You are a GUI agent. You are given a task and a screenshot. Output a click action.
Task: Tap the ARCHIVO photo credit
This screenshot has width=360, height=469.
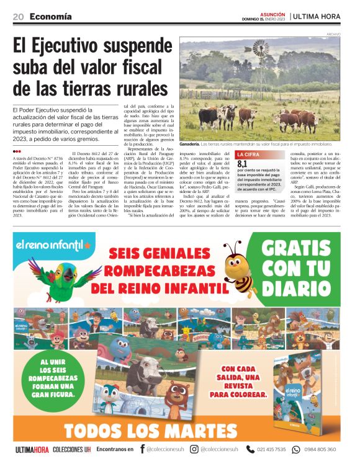tap(333, 34)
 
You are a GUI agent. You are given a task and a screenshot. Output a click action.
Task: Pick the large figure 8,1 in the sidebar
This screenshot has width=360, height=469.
tap(243, 164)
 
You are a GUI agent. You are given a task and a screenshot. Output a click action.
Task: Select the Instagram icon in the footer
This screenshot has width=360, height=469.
tap(194, 449)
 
